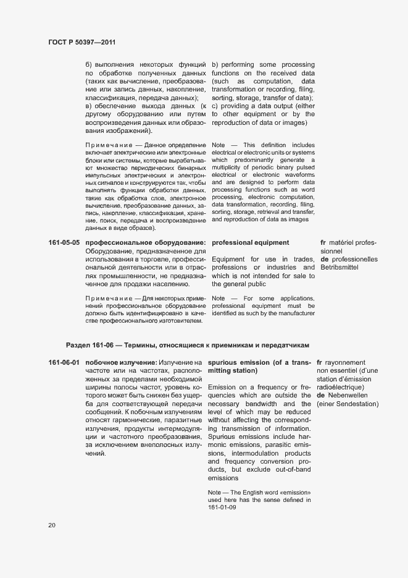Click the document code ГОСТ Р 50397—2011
pos(81,43)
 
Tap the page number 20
pos(52,525)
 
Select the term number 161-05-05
pos(64,242)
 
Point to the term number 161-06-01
pos(64,362)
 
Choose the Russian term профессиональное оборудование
pos(146,242)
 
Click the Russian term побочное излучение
pos(120,362)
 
